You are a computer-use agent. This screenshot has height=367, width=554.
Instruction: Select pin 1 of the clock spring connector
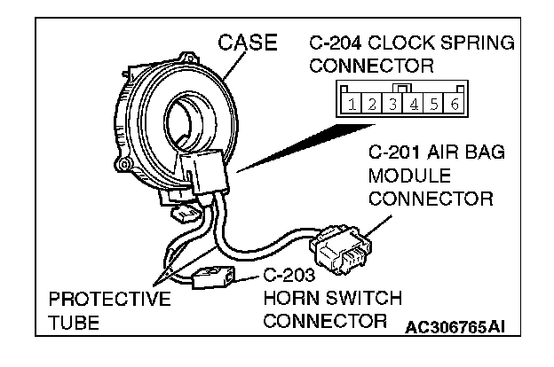[353, 105]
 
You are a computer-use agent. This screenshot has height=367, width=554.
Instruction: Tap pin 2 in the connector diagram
[374, 105]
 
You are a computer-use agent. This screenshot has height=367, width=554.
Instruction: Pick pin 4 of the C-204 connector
[414, 105]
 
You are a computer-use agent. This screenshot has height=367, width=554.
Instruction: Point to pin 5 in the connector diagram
[434, 105]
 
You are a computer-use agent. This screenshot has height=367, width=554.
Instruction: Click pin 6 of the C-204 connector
[454, 105]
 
